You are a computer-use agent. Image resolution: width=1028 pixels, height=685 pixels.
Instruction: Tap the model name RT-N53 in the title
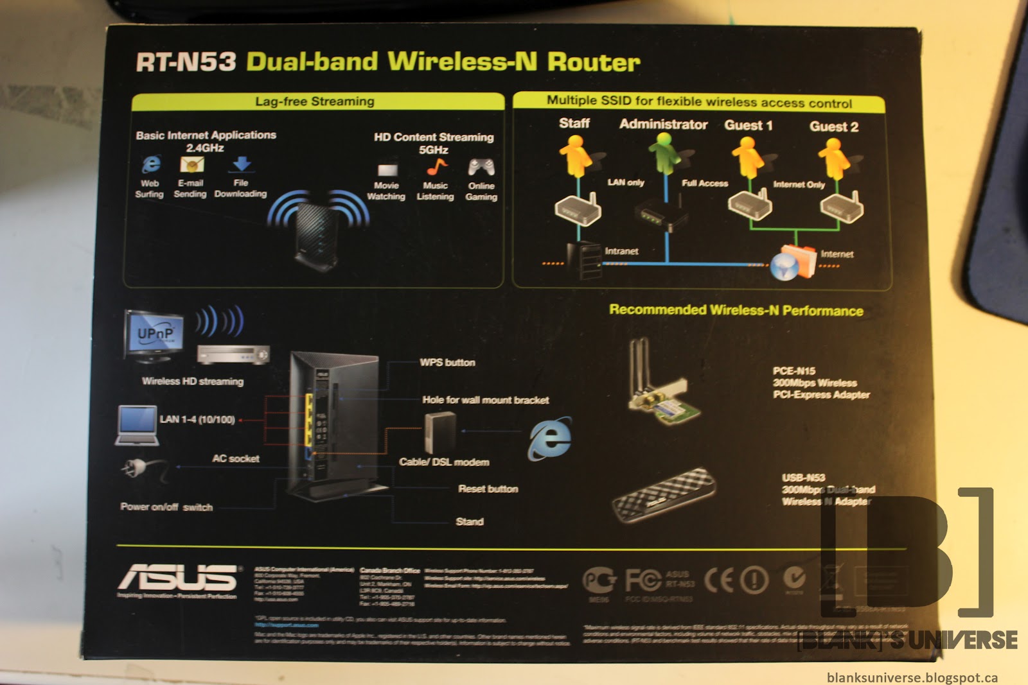186,62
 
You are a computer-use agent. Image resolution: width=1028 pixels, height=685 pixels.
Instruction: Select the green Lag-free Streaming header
315,101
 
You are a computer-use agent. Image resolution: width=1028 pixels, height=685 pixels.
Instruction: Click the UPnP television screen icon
155,334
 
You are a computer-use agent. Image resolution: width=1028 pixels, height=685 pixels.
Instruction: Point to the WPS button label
447,363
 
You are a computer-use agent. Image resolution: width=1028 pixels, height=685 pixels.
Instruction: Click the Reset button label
488,489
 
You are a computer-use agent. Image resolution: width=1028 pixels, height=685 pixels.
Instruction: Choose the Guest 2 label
833,126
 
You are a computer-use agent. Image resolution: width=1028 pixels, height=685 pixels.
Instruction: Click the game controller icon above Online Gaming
481,168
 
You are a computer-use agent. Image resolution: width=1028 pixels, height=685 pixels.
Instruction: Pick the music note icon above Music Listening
436,167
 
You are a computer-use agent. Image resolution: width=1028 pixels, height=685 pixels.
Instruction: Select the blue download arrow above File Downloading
241,164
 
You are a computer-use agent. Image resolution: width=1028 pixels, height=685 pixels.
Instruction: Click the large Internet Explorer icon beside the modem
550,438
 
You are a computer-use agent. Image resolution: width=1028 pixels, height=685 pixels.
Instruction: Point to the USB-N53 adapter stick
664,495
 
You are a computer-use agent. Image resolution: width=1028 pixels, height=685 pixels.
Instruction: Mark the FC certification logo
642,580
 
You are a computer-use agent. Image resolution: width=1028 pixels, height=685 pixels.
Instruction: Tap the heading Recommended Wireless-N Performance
736,311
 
